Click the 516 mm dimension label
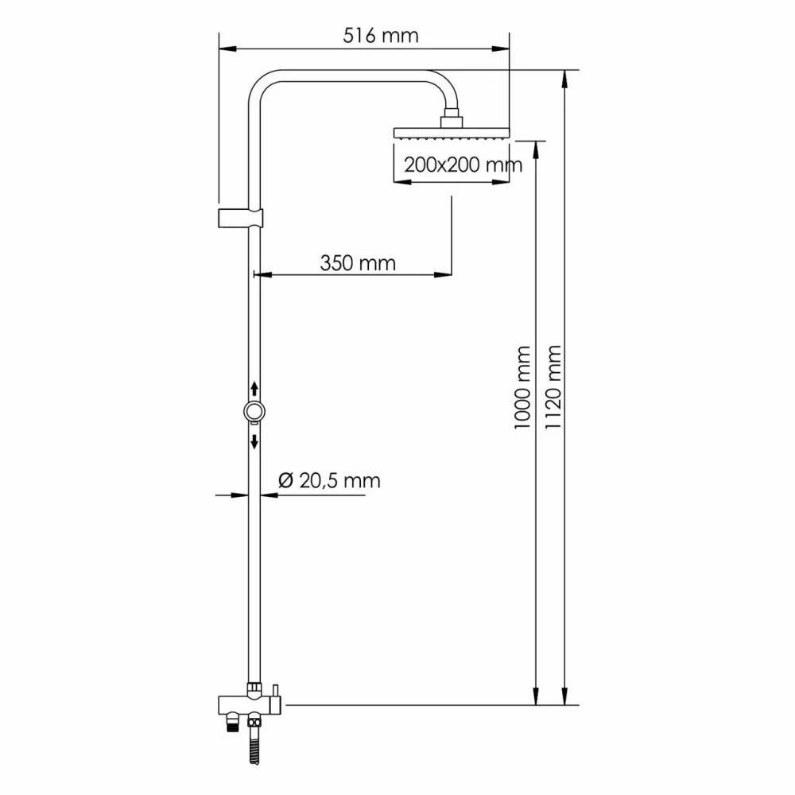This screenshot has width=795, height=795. (381, 36)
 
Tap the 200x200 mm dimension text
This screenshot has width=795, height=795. (463, 165)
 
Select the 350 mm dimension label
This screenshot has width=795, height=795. (358, 263)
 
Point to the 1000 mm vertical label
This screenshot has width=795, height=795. (522, 388)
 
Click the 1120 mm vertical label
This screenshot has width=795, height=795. (553, 387)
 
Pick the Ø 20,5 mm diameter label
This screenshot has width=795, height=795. (329, 481)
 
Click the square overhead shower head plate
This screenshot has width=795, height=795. (452, 134)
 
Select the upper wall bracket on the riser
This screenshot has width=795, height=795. (240, 218)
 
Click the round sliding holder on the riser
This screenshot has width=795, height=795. (254, 411)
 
